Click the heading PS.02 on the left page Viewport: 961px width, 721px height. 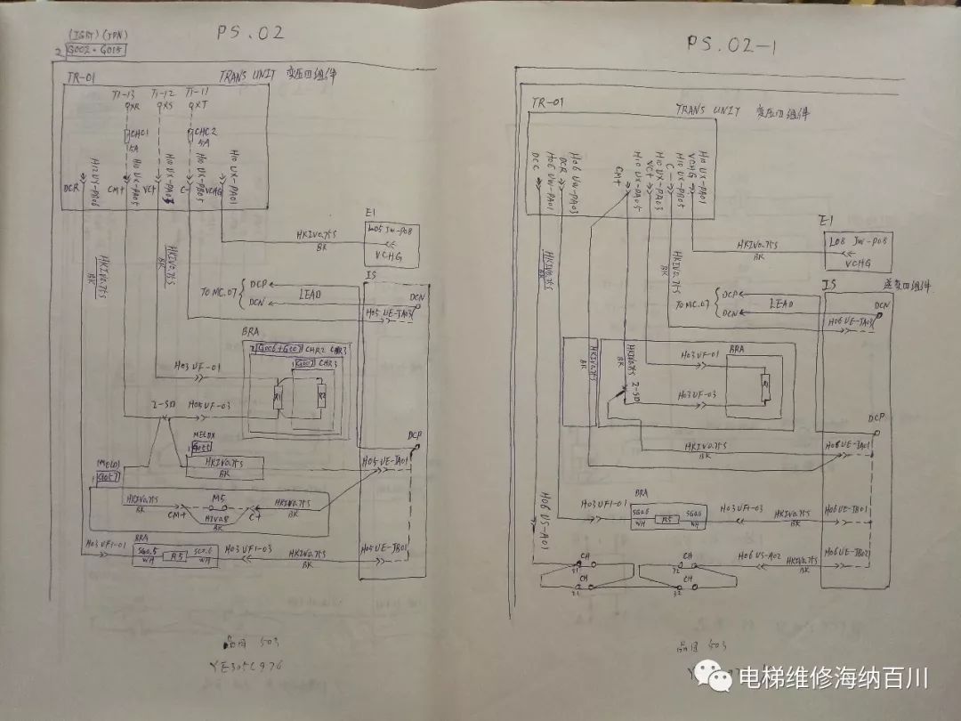tap(251, 34)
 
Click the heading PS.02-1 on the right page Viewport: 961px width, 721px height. tap(732, 44)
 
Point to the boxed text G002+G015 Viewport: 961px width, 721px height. tap(95, 51)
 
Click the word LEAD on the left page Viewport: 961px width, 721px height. tap(311, 293)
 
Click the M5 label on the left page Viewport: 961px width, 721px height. tap(216, 498)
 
